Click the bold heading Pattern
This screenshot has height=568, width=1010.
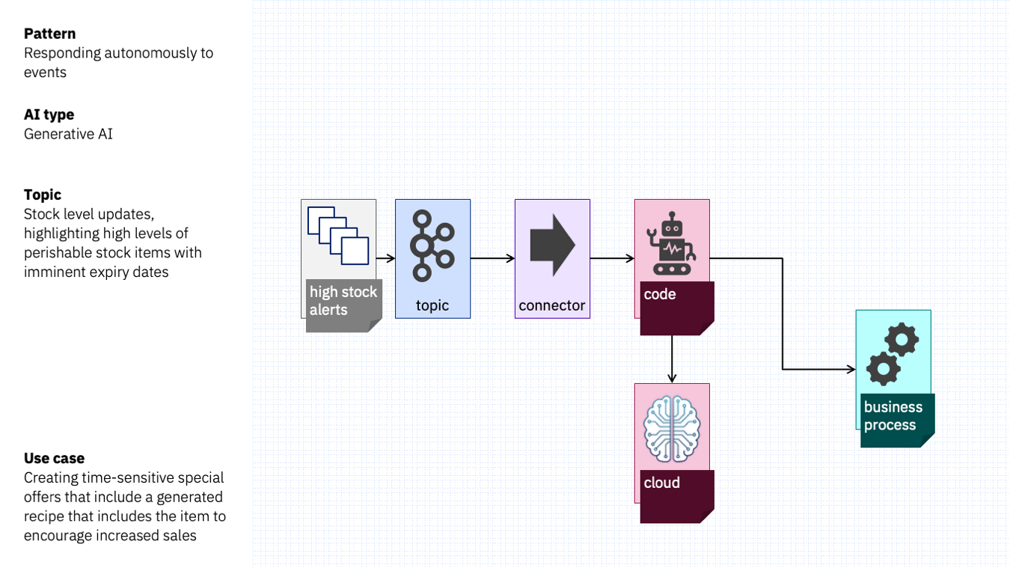pyautogui.click(x=49, y=34)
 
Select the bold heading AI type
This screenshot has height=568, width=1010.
pyautogui.click(x=49, y=114)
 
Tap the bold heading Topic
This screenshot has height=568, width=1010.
pyautogui.click(x=43, y=195)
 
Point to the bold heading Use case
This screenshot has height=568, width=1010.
pyautogui.click(x=54, y=459)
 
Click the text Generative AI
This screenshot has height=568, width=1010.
pyautogui.click(x=68, y=134)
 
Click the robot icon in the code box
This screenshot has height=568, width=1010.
pyautogui.click(x=671, y=244)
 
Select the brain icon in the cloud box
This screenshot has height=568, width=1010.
pyautogui.click(x=672, y=429)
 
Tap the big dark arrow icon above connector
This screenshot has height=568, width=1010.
pyautogui.click(x=552, y=245)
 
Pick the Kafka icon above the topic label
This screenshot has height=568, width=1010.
pyautogui.click(x=432, y=246)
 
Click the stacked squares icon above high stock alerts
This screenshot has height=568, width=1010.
pyautogui.click(x=338, y=236)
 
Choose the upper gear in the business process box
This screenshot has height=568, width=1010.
pyautogui.click(x=902, y=339)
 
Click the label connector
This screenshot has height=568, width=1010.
pyautogui.click(x=552, y=305)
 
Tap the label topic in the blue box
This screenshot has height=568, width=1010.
pyautogui.click(x=432, y=306)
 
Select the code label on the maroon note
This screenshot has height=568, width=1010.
pyautogui.click(x=660, y=294)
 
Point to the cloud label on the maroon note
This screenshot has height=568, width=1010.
pyautogui.click(x=661, y=483)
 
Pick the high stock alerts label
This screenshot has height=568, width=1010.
pyautogui.click(x=343, y=301)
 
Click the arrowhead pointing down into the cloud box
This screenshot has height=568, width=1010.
pyautogui.click(x=672, y=378)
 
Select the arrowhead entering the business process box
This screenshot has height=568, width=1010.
pyautogui.click(x=851, y=370)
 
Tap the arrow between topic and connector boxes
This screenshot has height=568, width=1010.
pyautogui.click(x=492, y=258)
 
